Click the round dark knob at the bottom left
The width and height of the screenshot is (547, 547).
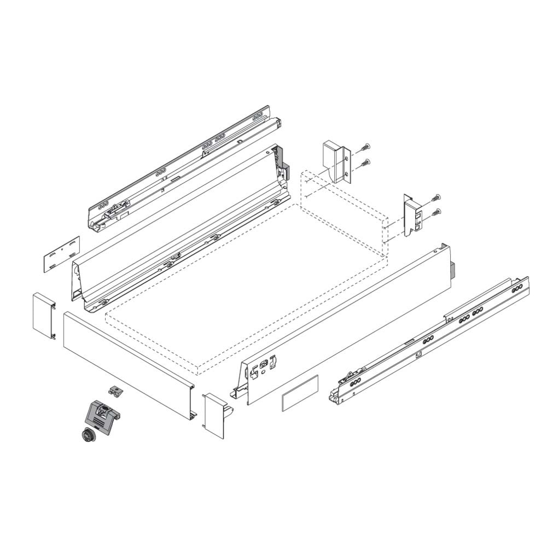[85, 436]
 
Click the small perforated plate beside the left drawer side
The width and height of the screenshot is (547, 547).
[62, 253]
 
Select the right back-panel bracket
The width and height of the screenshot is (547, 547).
[412, 216]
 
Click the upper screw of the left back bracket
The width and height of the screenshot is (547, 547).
[365, 148]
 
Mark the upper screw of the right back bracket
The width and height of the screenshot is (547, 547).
[436, 198]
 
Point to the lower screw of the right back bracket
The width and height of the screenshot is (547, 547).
[435, 213]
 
